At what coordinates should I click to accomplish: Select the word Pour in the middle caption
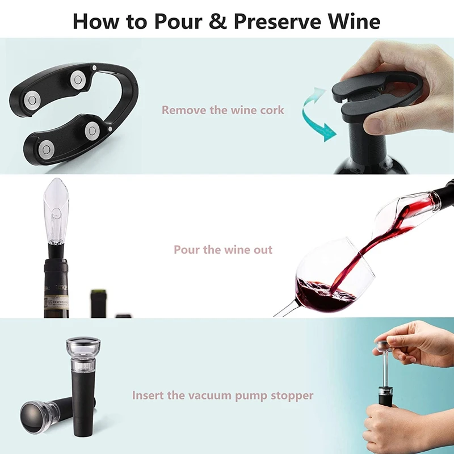pyautogui.click(x=186, y=250)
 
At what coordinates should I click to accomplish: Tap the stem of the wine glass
pyautogui.click(x=284, y=309)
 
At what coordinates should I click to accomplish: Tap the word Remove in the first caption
pyautogui.click(x=183, y=110)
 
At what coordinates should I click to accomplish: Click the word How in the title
pyautogui.click(x=94, y=21)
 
